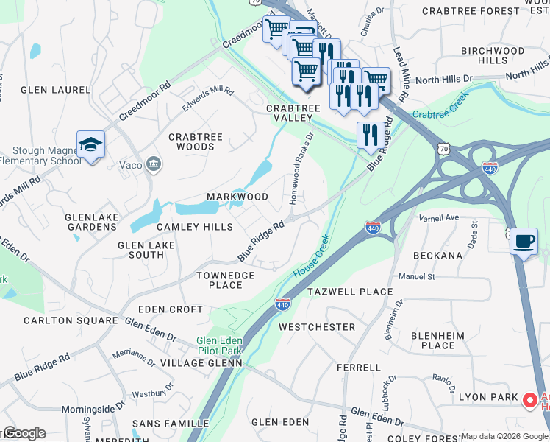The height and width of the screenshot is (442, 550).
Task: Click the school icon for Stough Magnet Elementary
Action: [x=90, y=145]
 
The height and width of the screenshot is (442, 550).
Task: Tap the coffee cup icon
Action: [x=524, y=242]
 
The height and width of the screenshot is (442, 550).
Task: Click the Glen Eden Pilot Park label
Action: [x=220, y=346]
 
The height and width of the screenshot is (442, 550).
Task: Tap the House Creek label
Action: [x=311, y=256]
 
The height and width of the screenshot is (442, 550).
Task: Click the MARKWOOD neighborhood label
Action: [x=237, y=197]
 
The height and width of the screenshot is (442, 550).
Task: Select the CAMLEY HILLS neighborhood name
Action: [x=194, y=227]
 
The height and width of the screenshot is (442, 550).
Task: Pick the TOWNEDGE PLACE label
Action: [x=225, y=280]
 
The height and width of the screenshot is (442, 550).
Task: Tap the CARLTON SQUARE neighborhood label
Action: [x=71, y=320]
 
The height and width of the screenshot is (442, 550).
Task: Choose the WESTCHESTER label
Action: [x=317, y=326]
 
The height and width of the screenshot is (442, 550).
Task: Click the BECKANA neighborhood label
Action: [x=438, y=256]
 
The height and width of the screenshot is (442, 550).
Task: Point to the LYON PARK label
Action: [x=485, y=396]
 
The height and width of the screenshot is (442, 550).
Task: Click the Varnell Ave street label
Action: [x=438, y=218]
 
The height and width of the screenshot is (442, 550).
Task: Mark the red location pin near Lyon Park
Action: [x=529, y=400]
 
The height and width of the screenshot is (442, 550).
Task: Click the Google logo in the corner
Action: [x=24, y=433]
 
